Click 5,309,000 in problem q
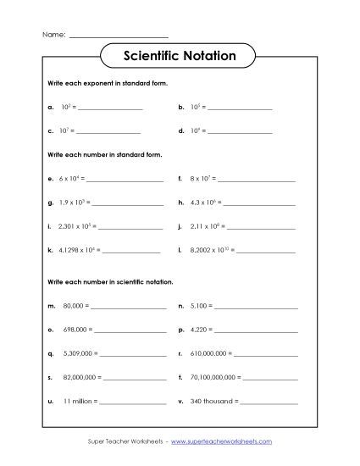tap(76, 352)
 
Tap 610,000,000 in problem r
tap(208, 352)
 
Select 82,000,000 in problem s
tap(78, 375)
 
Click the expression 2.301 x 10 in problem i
tap(75, 227)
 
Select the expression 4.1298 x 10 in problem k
tap(77, 251)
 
